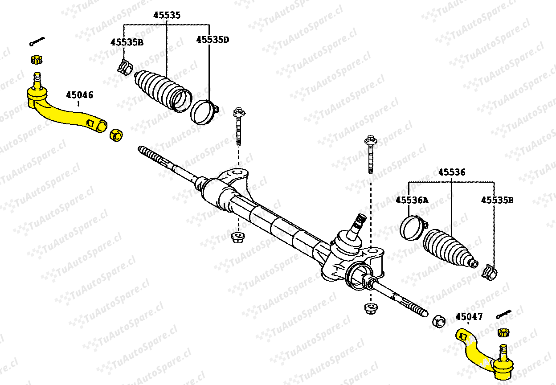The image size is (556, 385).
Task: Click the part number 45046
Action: click(x=80, y=95)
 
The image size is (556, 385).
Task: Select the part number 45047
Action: click(x=469, y=317)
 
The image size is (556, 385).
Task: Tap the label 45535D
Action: click(x=213, y=40)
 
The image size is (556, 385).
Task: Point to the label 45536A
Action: click(x=412, y=200)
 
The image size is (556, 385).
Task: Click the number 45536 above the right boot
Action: click(x=452, y=172)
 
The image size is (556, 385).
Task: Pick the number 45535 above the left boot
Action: click(x=167, y=15)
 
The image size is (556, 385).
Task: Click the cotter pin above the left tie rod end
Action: click(x=37, y=41)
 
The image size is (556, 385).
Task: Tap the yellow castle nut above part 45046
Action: click(x=37, y=60)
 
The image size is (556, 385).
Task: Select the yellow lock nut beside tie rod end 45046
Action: click(x=116, y=135)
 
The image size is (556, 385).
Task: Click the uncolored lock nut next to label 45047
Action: click(x=439, y=322)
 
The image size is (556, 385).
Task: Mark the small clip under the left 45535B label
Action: click(x=125, y=67)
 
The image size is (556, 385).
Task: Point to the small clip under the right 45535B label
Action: click(x=489, y=272)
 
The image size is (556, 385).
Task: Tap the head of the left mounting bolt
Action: click(x=239, y=112)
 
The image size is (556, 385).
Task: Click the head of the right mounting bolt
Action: click(x=371, y=140)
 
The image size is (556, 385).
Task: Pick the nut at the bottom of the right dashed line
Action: click(x=371, y=309)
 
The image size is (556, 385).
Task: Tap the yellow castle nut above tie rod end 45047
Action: click(x=503, y=332)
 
